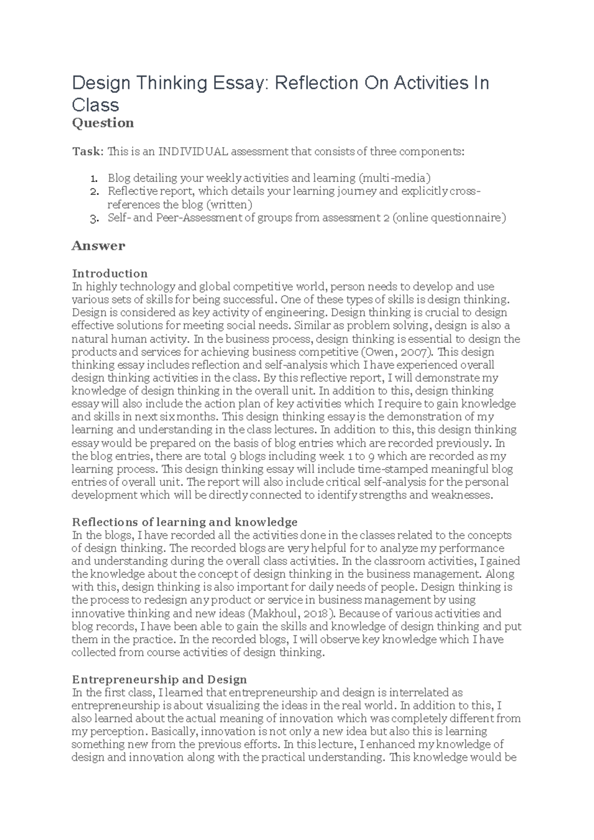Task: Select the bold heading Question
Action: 103,123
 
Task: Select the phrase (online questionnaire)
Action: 449,218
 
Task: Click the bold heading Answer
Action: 99,246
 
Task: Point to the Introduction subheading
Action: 110,274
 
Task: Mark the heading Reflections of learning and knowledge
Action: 185,522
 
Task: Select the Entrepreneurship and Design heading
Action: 159,679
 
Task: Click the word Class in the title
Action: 96,105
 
